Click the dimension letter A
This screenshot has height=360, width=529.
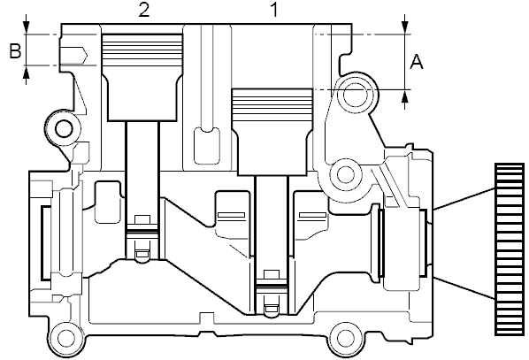point(417,63)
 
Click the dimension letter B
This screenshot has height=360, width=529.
point(15,51)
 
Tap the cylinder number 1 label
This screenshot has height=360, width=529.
point(274,10)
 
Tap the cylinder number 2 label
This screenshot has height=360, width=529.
point(143,10)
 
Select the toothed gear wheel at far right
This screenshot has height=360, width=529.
point(510,249)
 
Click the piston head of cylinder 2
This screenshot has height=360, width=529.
point(142,77)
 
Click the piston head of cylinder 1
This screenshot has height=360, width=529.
point(272,132)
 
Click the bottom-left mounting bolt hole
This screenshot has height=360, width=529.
point(66,338)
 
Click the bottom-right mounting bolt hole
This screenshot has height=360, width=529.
point(345,338)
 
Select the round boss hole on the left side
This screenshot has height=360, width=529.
point(64,128)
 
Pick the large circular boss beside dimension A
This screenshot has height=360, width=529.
point(356,94)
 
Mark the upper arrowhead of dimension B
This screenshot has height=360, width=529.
point(27,28)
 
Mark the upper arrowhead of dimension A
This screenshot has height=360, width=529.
point(405,28)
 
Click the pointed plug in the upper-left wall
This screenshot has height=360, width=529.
point(73,55)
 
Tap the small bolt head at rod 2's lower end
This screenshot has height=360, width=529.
point(142,219)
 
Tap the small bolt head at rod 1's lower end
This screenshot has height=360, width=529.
point(272,274)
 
